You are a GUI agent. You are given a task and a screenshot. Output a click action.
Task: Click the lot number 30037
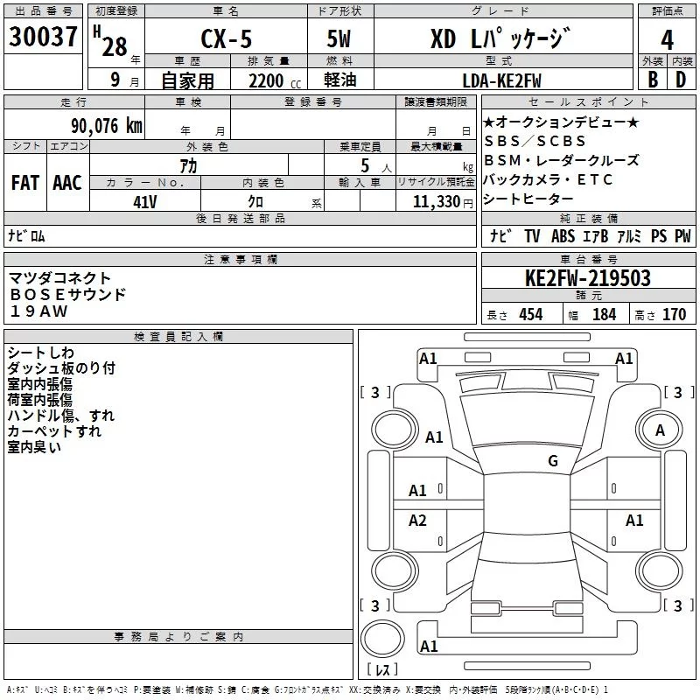click(x=44, y=40)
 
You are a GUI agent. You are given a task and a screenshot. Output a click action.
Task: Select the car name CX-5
click(x=225, y=40)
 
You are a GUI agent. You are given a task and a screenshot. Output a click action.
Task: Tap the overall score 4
click(x=667, y=40)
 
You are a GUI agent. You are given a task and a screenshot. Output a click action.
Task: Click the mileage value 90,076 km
click(x=107, y=125)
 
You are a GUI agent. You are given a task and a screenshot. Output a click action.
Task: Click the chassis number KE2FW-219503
click(x=587, y=278)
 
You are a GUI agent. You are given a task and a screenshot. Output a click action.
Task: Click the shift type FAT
click(x=24, y=183)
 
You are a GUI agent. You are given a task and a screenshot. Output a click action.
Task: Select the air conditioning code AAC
click(x=66, y=183)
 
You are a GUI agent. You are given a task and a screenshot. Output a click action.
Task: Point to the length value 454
click(x=530, y=314)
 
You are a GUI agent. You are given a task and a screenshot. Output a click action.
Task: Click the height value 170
click(x=674, y=314)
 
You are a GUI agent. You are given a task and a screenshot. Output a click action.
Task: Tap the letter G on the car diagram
click(x=552, y=460)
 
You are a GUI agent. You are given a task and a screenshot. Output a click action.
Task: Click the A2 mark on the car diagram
click(x=417, y=521)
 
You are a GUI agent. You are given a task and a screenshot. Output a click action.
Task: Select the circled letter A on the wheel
click(x=660, y=430)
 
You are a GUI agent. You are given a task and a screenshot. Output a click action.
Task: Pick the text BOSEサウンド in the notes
click(x=67, y=295)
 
